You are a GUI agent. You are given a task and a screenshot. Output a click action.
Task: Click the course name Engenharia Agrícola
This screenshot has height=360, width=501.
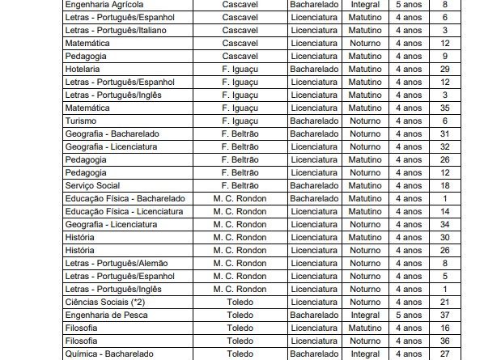(104, 4)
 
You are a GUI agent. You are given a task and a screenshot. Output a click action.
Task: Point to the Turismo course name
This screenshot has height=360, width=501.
(80, 121)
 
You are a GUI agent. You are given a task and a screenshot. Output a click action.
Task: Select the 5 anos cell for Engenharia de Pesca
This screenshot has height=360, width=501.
(408, 315)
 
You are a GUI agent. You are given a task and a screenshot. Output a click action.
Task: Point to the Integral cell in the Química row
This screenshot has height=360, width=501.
(365, 354)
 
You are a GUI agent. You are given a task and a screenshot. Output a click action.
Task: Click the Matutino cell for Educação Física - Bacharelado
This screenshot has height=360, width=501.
(365, 198)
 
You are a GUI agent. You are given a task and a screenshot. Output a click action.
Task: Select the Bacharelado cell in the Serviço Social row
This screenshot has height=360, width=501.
(315, 185)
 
